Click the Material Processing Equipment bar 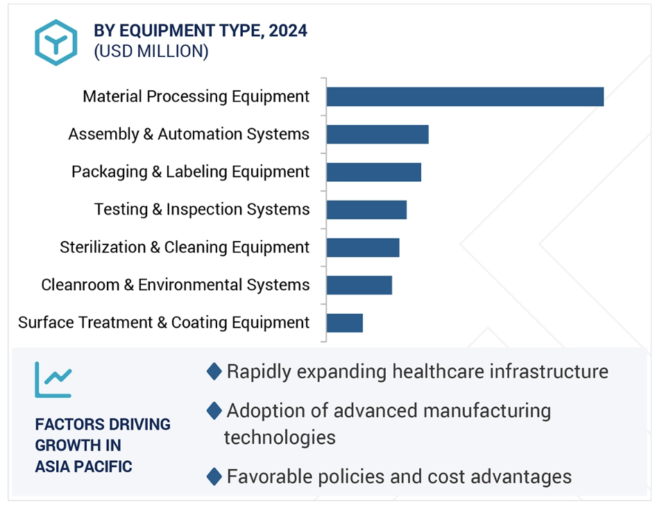point(465,96)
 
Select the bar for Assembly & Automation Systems point(377,134)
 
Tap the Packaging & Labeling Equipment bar point(373,171)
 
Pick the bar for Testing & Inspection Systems point(366,210)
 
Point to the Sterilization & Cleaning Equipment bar point(363,247)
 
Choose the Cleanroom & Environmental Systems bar point(359,285)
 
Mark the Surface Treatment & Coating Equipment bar point(344,323)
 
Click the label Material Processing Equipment point(196,96)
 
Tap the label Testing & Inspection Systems point(202,209)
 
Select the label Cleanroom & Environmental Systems point(175,285)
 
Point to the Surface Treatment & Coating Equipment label point(164,323)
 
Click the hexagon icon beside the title point(56,42)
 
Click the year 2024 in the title point(289,31)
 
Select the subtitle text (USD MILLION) point(151,51)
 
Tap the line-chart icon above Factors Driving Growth point(53,379)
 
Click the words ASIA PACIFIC point(83,466)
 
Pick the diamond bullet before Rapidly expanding point(214,371)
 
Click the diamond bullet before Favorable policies point(214,476)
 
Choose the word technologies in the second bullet point(280,437)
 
